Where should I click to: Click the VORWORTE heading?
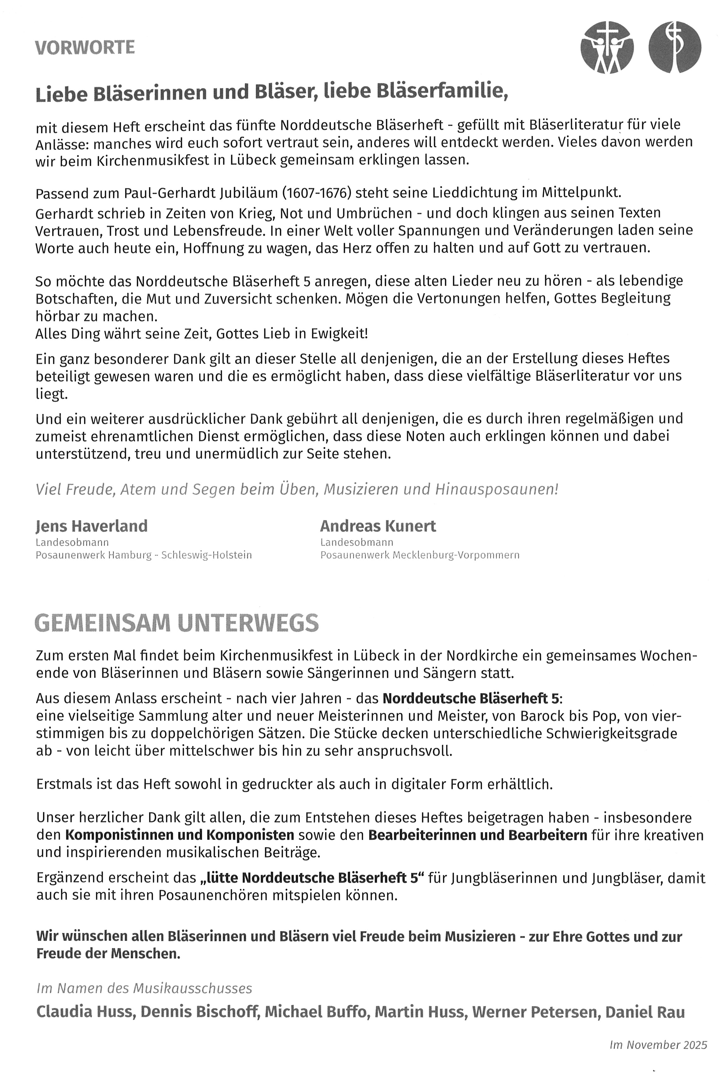[85, 48]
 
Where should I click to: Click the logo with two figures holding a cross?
[607, 47]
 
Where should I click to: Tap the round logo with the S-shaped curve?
[675, 47]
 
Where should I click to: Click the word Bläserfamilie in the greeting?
[442, 92]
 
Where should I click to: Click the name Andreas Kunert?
[378, 526]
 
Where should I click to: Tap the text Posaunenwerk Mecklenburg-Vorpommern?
[420, 555]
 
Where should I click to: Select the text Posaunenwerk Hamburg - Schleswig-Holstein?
[144, 555]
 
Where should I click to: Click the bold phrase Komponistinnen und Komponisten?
[180, 835]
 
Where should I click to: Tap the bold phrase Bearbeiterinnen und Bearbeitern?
[477, 835]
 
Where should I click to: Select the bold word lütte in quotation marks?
[222, 878]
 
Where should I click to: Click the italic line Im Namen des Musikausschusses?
[144, 988]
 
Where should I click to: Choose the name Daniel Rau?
[645, 1012]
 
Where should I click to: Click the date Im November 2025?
[658, 1045]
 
